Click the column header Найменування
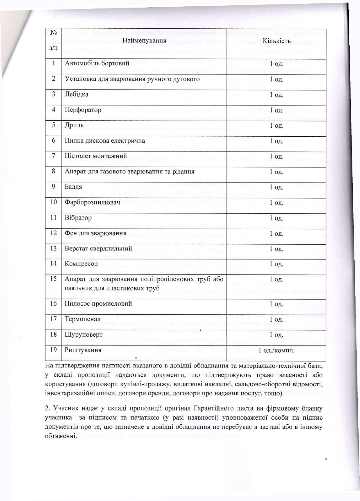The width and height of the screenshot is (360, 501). pyautogui.click(x=144, y=41)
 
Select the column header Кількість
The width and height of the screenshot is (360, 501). pyautogui.click(x=276, y=41)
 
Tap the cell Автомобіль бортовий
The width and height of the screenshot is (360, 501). pyautogui.click(x=97, y=63)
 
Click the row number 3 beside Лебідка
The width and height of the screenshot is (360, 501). pyautogui.click(x=53, y=94)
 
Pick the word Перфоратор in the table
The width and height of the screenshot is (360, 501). pyautogui.click(x=83, y=110)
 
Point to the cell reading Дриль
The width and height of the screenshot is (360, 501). pyautogui.click(x=74, y=125)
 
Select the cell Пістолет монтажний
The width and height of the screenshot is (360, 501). pyautogui.click(x=96, y=156)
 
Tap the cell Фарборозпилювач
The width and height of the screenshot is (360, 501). pyautogui.click(x=92, y=202)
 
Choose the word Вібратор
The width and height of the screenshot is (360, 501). pyautogui.click(x=78, y=218)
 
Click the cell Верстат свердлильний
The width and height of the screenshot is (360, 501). pyautogui.click(x=98, y=249)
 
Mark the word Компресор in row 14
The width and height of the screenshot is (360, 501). pyautogui.click(x=81, y=264)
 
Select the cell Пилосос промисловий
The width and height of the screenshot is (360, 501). pyautogui.click(x=98, y=304)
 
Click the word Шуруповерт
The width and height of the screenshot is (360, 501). pyautogui.click(x=83, y=335)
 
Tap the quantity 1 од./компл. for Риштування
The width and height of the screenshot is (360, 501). pyautogui.click(x=276, y=350)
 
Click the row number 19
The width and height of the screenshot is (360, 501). pyautogui.click(x=53, y=350)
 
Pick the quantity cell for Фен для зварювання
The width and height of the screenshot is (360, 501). pyautogui.click(x=276, y=233)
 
